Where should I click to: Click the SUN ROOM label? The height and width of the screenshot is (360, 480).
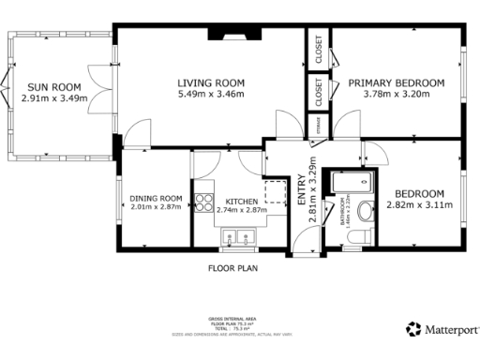click(x=53, y=84)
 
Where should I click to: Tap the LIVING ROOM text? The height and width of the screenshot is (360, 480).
click(x=211, y=82)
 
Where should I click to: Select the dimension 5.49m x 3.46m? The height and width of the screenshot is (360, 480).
click(x=211, y=94)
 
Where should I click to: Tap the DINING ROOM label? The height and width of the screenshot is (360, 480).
click(x=156, y=198)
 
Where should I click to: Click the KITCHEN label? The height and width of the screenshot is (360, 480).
click(x=242, y=199)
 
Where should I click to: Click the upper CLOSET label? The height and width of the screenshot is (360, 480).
click(x=319, y=49)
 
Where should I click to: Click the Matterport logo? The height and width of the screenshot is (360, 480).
click(x=442, y=329)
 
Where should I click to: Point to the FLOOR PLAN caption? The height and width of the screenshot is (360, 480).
click(x=232, y=267)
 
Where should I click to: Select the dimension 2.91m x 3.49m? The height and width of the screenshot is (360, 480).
click(x=53, y=97)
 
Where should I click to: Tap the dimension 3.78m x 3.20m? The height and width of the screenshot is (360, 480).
click(x=396, y=94)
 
